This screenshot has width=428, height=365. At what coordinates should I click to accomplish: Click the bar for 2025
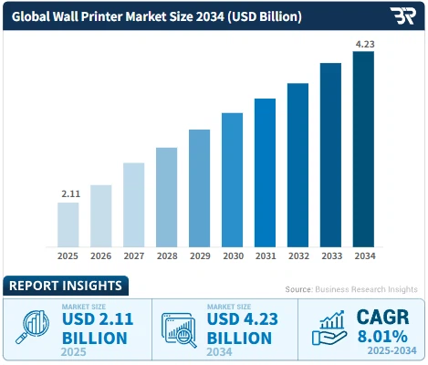(x=68, y=224)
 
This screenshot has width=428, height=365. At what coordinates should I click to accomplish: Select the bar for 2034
(x=363, y=150)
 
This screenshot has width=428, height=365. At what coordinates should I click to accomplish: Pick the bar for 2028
(x=166, y=197)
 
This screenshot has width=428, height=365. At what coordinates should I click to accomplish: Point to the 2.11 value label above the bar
(x=68, y=193)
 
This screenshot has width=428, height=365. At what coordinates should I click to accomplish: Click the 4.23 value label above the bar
(x=363, y=43)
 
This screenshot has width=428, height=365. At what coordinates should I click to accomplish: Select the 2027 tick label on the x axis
(x=133, y=257)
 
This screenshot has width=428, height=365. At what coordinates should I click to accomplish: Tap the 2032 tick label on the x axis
(x=298, y=257)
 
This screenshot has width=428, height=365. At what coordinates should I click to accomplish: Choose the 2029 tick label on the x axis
(x=199, y=257)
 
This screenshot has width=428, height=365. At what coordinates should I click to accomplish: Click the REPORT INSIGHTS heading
(x=65, y=286)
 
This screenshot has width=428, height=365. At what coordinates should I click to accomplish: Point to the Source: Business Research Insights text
(x=351, y=288)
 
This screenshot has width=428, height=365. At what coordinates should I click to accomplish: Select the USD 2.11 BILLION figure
(x=97, y=328)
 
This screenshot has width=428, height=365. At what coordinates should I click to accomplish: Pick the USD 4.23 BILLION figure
(x=241, y=328)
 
